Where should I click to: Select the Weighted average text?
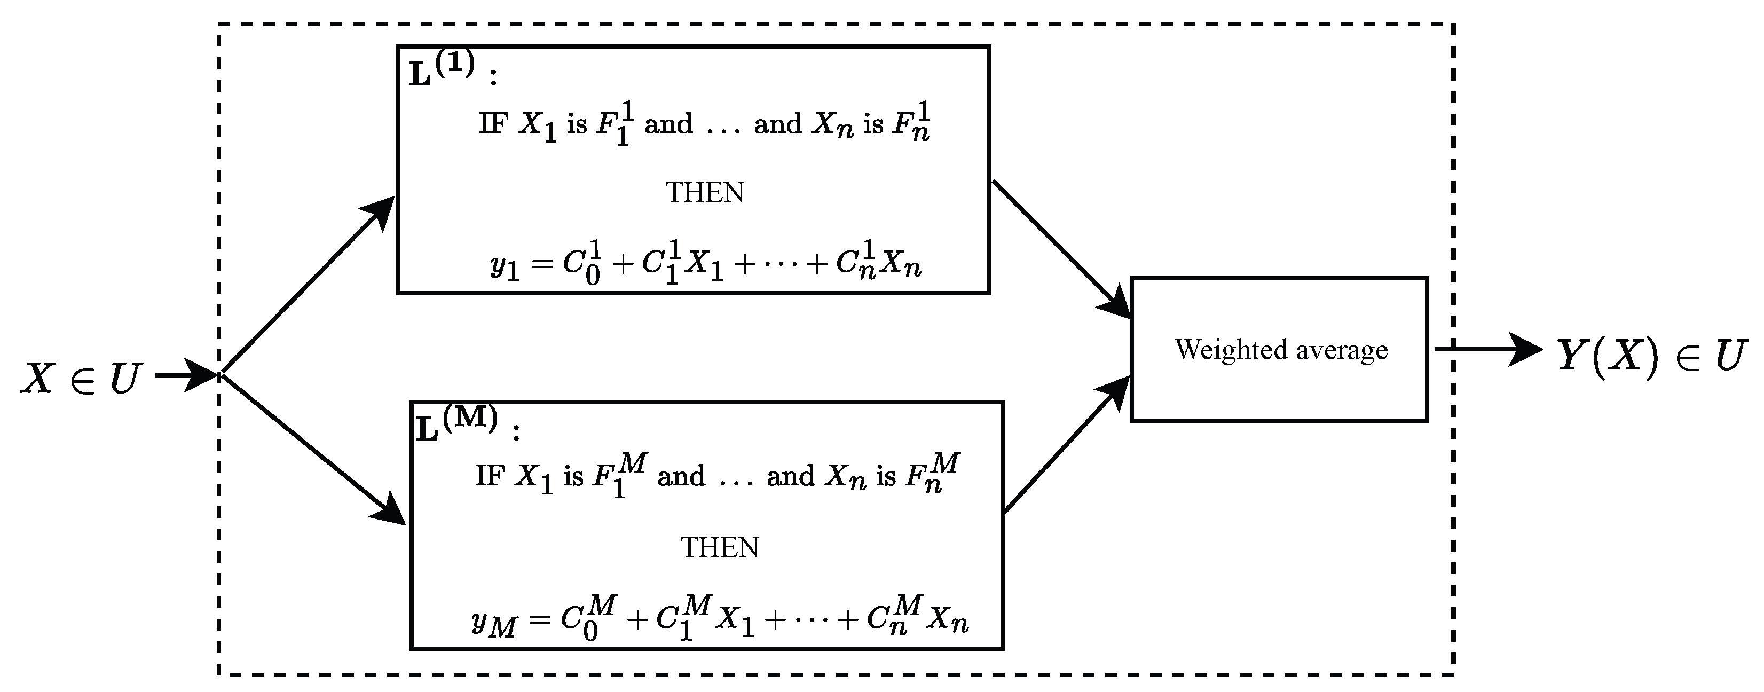click(x=1280, y=350)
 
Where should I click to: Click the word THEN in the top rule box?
click(x=705, y=193)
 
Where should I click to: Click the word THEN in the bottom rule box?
click(x=720, y=547)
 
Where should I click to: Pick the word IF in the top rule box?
click(x=492, y=125)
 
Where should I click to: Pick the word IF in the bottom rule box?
click(x=490, y=476)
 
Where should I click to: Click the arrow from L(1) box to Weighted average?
click(x=1061, y=250)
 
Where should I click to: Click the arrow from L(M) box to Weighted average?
click(x=1065, y=445)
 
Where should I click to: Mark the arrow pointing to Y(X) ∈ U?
click(x=1486, y=350)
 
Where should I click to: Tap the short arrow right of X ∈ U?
click(x=185, y=375)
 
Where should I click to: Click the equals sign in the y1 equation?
click(x=542, y=264)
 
